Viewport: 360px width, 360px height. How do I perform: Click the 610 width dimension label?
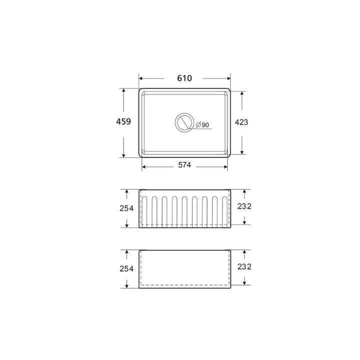coord(184,78)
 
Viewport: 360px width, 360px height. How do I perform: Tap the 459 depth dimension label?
coord(123,121)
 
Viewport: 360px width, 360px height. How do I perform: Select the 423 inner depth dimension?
coord(241,122)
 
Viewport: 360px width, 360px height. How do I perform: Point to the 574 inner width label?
coord(184,165)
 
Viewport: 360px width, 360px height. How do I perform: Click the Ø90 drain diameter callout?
coord(202,124)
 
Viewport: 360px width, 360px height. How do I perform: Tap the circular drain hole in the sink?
coord(184,114)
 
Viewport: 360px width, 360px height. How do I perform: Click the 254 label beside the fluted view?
coord(126,208)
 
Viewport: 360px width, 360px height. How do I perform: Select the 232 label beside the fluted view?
coord(244,206)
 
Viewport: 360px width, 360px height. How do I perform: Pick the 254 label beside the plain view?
coord(126,268)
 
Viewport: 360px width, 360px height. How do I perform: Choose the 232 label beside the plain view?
coord(244,267)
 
